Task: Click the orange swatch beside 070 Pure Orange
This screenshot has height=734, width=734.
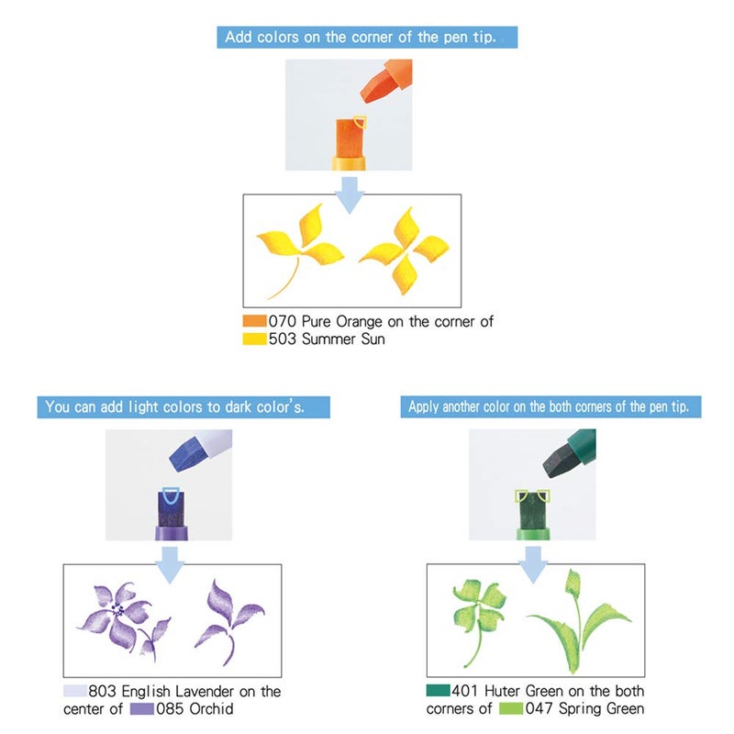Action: [255, 321]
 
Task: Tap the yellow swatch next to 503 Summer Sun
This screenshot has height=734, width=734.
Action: [255, 339]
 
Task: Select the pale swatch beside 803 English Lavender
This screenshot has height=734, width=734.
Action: [75, 691]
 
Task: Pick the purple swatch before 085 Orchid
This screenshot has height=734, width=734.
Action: [142, 708]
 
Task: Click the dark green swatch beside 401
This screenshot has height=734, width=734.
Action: [439, 691]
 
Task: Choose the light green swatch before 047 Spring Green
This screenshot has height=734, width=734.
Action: [511, 708]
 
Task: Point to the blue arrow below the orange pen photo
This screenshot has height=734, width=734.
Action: [350, 195]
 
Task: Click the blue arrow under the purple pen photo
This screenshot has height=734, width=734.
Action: [170, 565]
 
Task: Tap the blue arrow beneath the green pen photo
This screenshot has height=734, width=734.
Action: [533, 565]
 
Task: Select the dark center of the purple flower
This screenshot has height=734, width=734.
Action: [117, 609]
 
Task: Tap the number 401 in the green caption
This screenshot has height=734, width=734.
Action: [464, 691]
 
